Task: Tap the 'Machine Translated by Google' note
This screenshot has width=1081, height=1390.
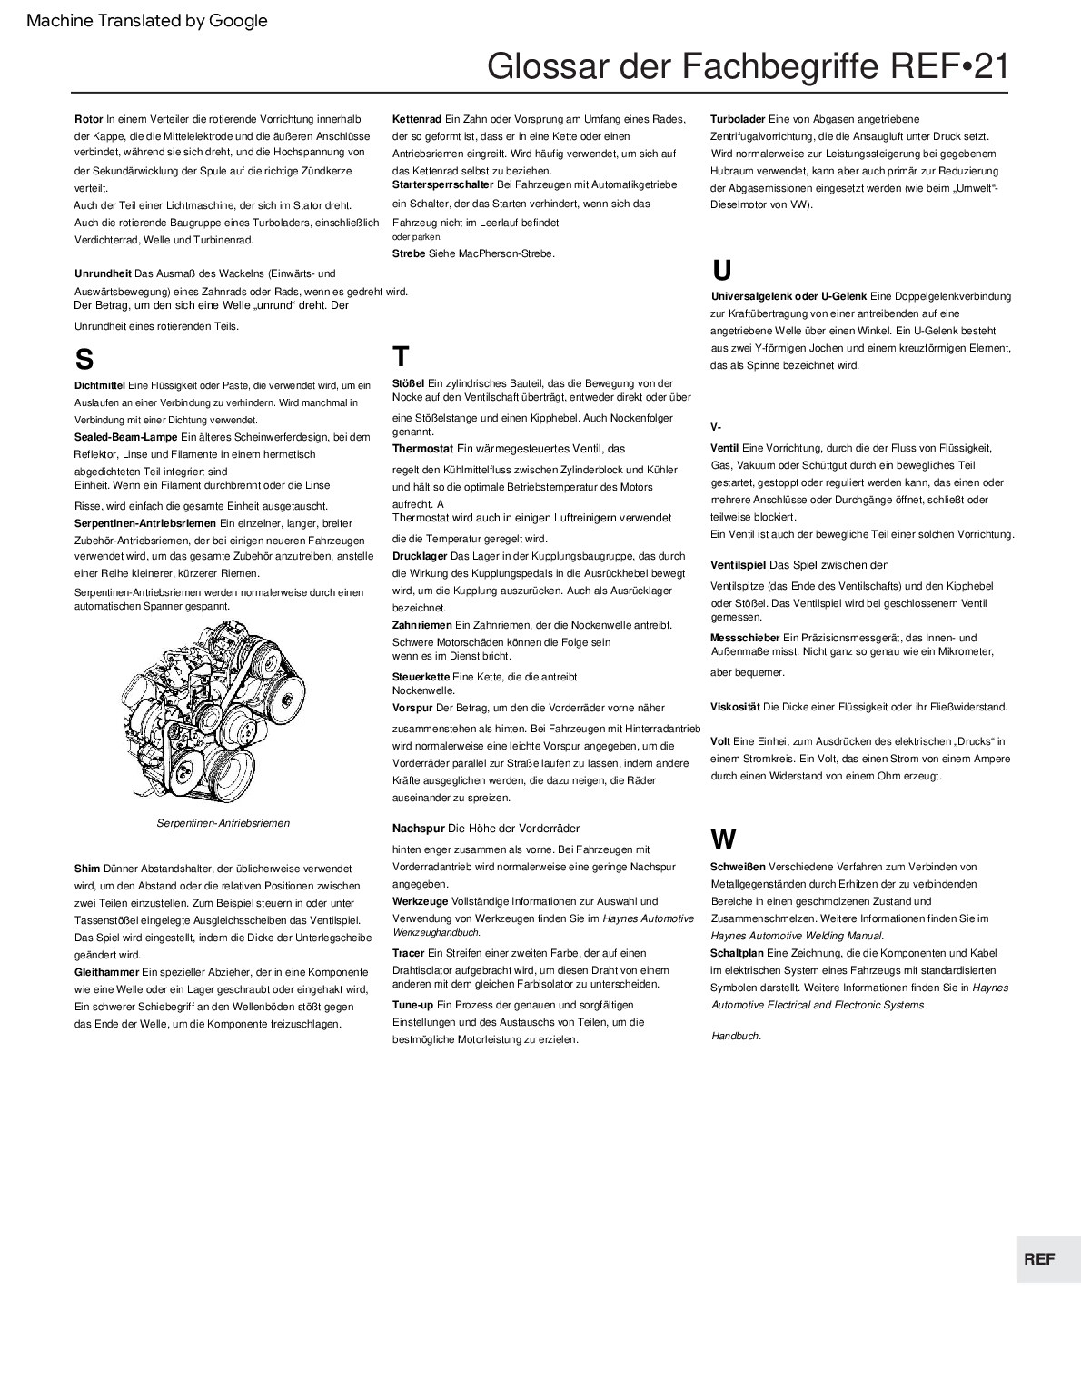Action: pos(147,21)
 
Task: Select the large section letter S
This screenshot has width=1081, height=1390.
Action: pos(84,360)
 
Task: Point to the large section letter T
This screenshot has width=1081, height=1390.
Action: pos(401,356)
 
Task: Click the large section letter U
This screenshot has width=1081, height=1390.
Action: pos(721,271)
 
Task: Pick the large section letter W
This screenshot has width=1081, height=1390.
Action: pos(723,839)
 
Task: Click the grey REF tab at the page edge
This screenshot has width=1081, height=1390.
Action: pos(1039,1258)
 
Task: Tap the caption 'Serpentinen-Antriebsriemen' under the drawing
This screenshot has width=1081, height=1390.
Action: pos(223,823)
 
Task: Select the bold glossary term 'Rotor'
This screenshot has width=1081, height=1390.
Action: pos(88,119)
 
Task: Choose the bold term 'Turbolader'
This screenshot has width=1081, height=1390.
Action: pos(738,119)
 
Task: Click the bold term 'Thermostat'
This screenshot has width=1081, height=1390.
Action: pos(422,449)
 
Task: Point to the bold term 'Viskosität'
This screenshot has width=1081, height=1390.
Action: pos(735,707)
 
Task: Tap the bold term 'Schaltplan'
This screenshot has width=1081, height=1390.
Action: pos(738,953)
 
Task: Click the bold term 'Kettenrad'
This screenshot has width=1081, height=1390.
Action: pos(416,119)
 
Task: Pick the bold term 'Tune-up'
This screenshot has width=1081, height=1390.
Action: pos(412,1005)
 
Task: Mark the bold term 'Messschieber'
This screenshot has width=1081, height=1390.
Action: pos(744,638)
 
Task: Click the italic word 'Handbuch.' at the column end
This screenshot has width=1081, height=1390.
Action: pos(736,1036)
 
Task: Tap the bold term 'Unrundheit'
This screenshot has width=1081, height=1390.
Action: pos(103,273)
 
